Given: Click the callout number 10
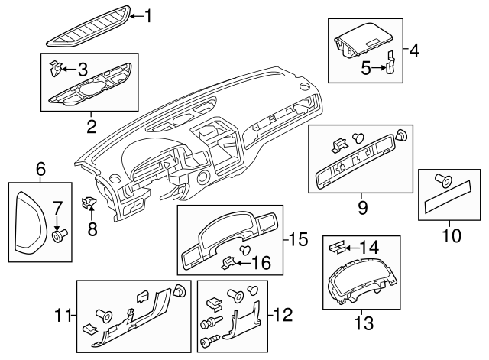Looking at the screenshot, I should [x=452, y=235].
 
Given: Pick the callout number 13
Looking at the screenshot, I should [x=364, y=323].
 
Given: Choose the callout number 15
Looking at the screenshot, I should [x=300, y=239].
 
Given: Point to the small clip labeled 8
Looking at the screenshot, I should [x=89, y=204].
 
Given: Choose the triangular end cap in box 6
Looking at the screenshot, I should [x=31, y=222].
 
